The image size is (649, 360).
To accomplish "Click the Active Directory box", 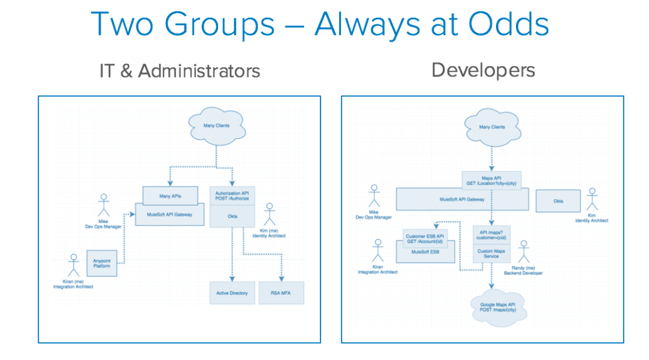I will tap(232, 293).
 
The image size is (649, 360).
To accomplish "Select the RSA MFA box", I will tap(281, 293).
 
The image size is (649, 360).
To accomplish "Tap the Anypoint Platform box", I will tap(101, 263).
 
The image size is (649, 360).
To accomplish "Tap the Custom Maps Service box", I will tap(491, 252).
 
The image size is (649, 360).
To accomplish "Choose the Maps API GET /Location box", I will tap(491, 181).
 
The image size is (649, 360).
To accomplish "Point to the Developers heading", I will tap(483, 70).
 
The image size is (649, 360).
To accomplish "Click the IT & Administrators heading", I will tap(180, 71).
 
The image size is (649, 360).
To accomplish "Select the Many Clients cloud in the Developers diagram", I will tap(491, 127).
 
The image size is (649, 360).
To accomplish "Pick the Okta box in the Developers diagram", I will tap(559, 201).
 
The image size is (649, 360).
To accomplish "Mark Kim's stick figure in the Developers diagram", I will tap(593, 199).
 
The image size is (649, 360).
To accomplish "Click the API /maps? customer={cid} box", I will tap(491, 235).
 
